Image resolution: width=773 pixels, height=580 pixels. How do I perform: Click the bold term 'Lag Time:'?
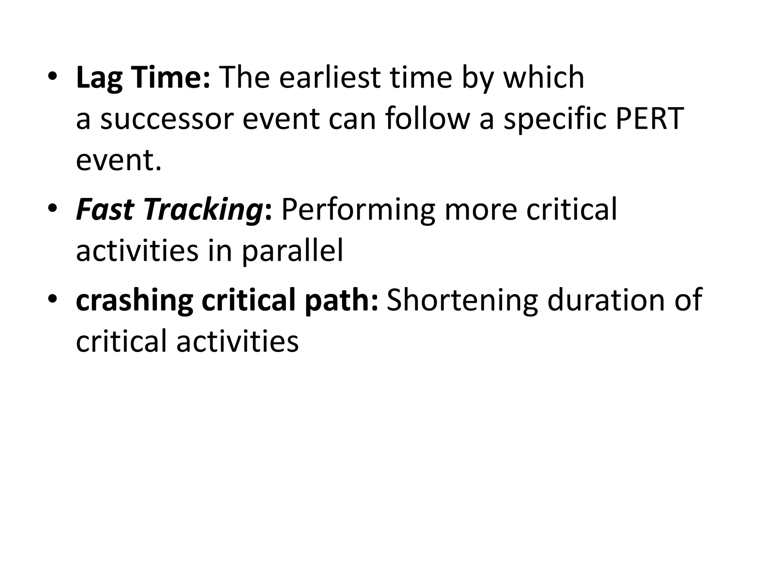click(x=143, y=78)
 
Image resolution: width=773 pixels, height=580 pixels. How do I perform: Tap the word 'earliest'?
click(x=330, y=78)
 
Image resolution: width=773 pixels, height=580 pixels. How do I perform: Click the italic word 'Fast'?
click(x=105, y=210)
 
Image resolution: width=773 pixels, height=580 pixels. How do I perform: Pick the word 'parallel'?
click(x=293, y=252)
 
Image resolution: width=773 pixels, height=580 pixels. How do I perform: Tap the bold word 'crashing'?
click(x=134, y=301)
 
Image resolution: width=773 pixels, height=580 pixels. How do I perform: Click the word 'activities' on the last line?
click(x=237, y=341)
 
